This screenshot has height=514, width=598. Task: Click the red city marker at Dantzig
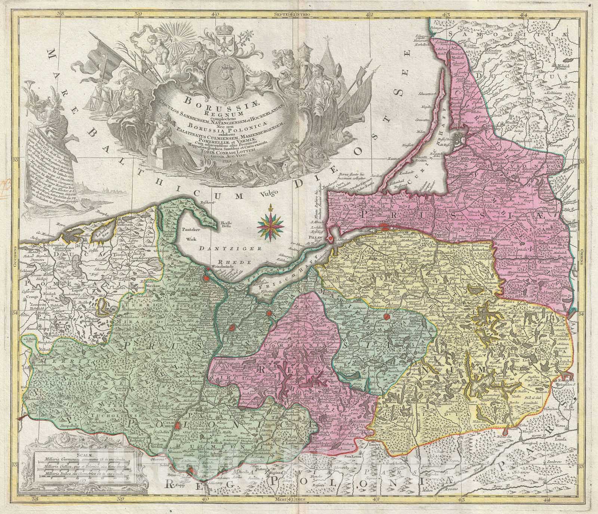pyautogui.click(x=204, y=278)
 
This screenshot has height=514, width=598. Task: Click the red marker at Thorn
pyautogui.click(x=192, y=471)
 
